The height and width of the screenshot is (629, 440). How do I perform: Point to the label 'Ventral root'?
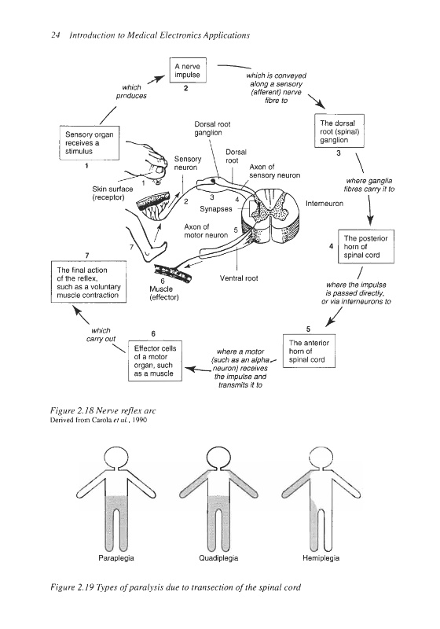239,278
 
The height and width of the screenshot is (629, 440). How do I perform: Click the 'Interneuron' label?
324,204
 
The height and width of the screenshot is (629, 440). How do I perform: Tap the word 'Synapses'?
216,209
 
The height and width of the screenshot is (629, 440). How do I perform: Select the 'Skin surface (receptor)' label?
112,193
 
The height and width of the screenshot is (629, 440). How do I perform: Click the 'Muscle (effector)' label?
164,292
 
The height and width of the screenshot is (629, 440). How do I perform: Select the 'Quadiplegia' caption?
218,558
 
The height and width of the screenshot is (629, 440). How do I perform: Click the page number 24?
55,35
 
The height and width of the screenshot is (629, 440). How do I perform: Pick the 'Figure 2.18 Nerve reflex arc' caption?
103,410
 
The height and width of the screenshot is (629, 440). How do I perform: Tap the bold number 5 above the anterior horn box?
308,329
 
